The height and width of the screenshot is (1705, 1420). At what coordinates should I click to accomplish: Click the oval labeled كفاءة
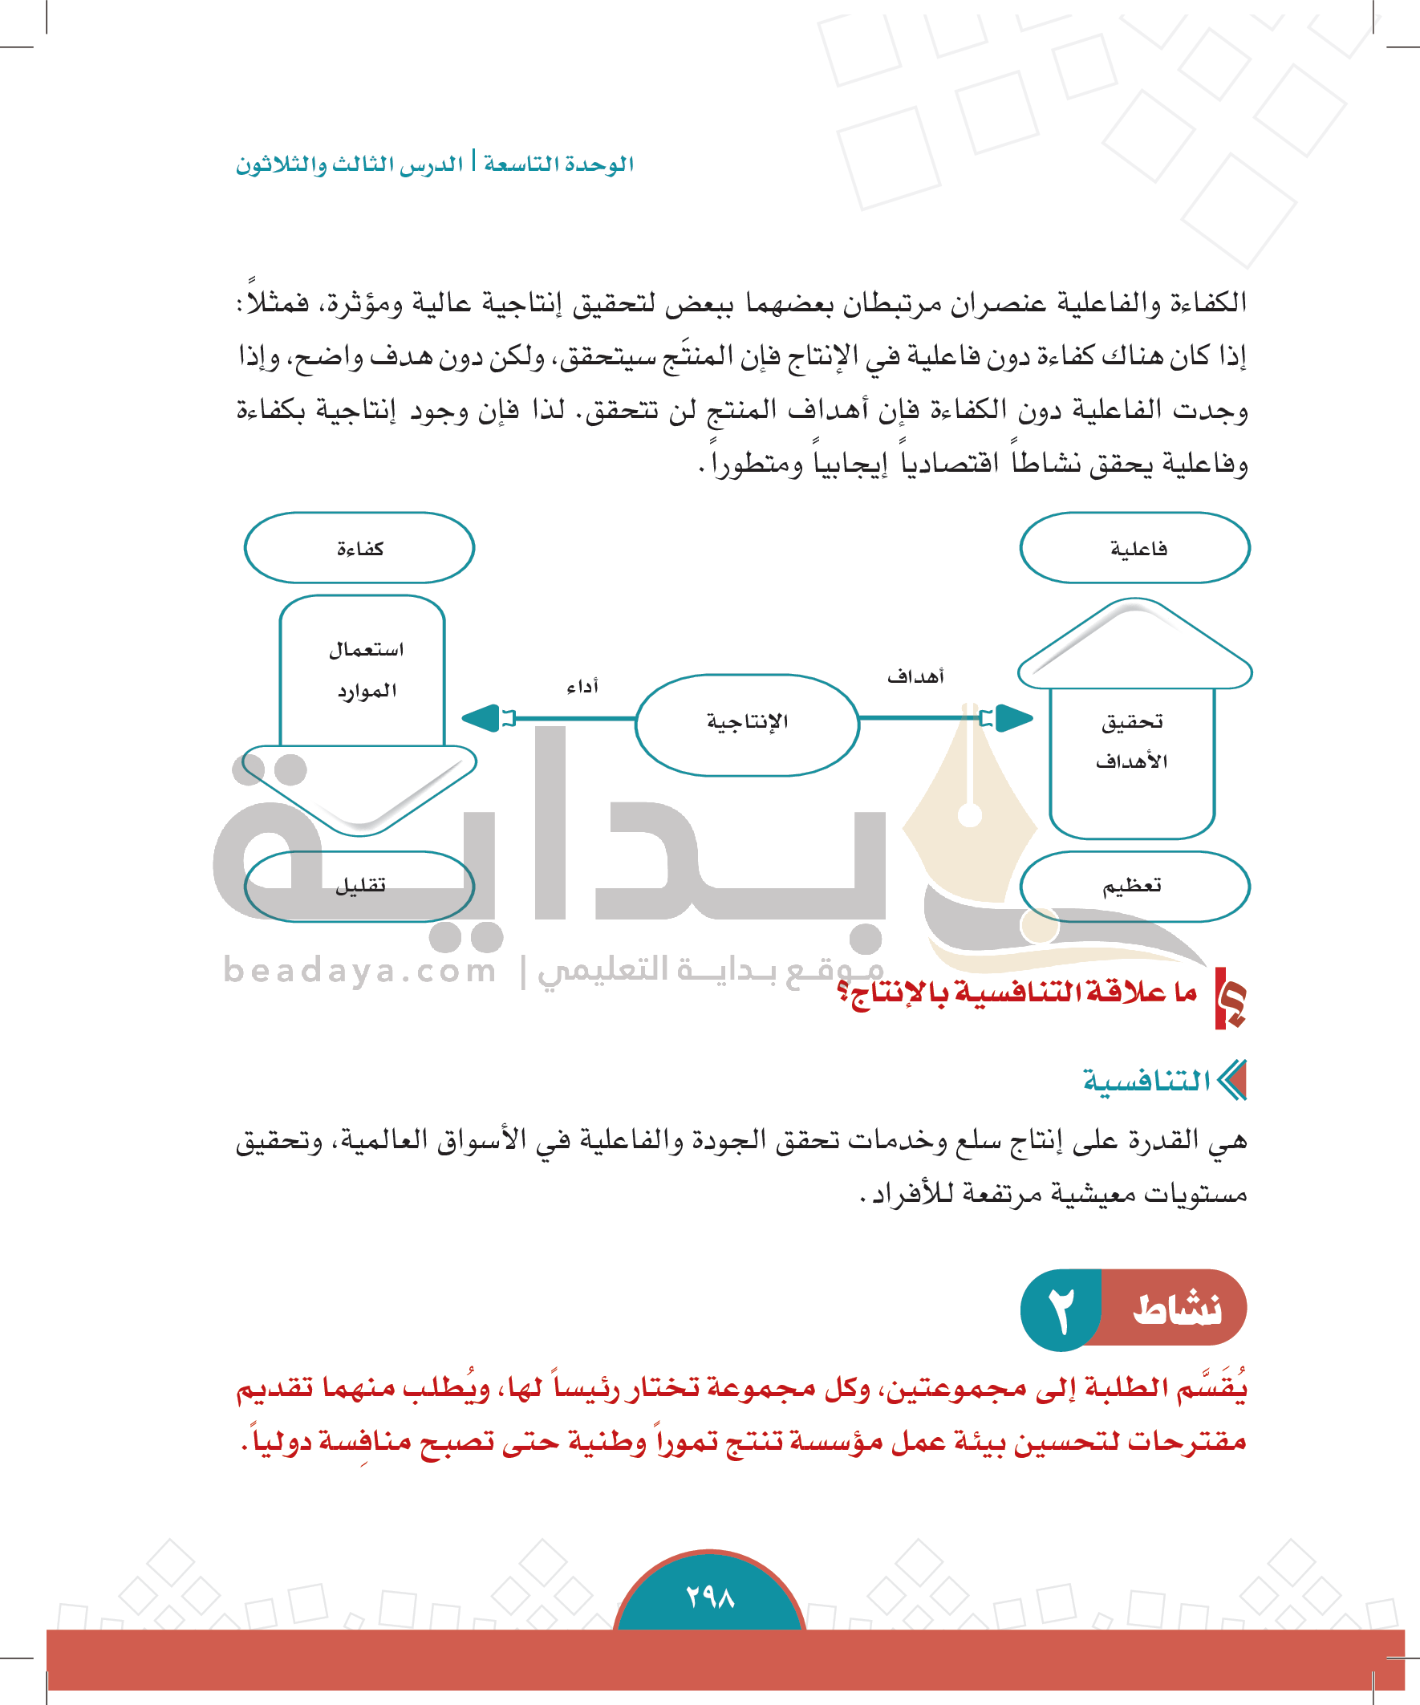coord(359,548)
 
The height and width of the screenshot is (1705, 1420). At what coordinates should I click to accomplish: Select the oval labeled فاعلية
coord(1134,548)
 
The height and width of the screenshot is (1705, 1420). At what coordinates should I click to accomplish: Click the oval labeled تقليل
coord(359,886)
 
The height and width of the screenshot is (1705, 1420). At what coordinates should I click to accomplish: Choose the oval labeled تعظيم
coord(1134,886)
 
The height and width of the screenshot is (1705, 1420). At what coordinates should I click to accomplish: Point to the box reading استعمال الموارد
coord(363,671)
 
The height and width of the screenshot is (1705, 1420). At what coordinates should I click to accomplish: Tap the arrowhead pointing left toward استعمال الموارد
coord(481,718)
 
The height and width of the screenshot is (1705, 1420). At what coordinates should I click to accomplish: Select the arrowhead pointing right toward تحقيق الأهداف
coord(1013,718)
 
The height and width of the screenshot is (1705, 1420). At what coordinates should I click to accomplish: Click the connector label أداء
coord(582,687)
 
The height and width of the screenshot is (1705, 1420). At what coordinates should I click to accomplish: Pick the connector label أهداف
coord(915,676)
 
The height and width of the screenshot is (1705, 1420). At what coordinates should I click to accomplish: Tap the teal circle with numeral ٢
coord(1060,1310)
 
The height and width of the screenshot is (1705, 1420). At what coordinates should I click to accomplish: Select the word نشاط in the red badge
coord(1176,1309)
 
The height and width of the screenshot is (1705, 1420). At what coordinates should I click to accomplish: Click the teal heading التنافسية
coord(1146,1081)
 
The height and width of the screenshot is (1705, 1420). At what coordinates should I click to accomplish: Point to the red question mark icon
coord(1230,998)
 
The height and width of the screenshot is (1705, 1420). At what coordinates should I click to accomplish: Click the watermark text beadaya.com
coord(359,970)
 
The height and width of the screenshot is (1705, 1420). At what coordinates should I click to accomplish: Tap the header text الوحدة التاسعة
coord(558,164)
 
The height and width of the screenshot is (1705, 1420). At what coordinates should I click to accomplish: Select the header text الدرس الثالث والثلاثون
coord(349,164)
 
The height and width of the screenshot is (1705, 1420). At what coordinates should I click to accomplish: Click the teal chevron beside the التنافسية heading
coord(1232,1081)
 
